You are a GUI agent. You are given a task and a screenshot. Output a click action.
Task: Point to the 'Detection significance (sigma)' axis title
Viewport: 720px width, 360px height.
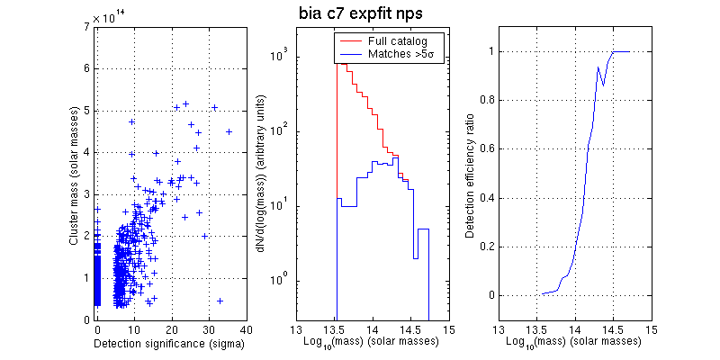coord(171,346)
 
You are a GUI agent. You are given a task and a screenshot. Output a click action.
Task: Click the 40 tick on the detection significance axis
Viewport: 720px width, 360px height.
coord(245,330)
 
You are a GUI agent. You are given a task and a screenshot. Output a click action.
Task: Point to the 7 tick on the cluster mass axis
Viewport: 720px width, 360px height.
coord(85,27)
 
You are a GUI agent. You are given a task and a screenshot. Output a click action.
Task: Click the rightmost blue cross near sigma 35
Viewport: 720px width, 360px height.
coord(229,131)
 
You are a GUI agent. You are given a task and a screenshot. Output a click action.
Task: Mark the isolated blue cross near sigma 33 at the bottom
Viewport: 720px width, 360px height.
coord(220,301)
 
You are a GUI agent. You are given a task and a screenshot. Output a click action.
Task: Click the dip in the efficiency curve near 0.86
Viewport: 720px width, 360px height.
coord(603,85)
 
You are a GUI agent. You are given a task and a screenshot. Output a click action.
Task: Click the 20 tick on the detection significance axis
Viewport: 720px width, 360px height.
coord(171,330)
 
